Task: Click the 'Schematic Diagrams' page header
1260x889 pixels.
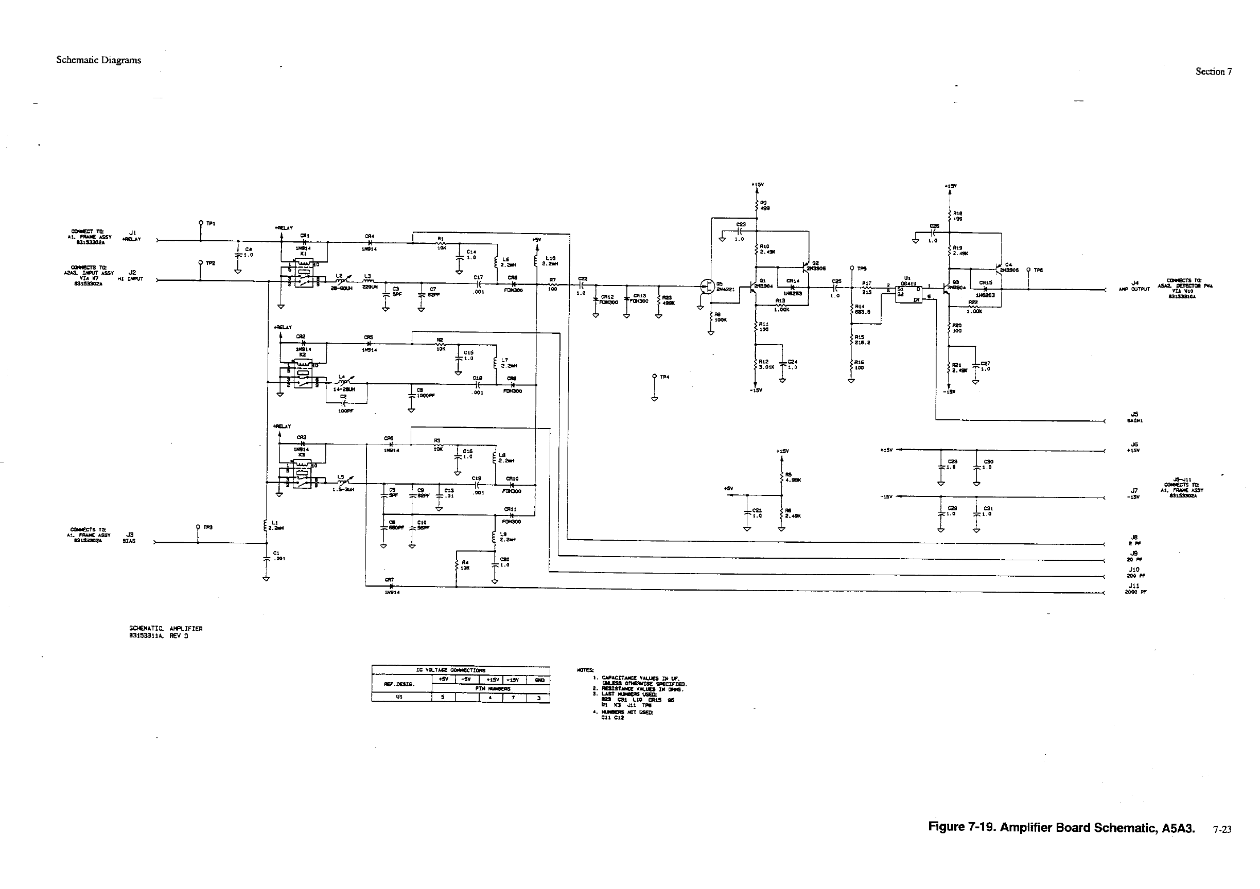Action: point(98,60)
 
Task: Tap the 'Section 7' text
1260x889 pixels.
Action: point(1213,72)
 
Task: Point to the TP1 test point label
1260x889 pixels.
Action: point(211,224)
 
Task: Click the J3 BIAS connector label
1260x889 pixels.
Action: point(130,538)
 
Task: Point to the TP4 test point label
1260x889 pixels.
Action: point(664,377)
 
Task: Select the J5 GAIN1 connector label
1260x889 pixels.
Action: point(1134,417)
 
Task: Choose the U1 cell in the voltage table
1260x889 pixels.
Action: point(399,698)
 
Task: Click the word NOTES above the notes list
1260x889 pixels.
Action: point(585,670)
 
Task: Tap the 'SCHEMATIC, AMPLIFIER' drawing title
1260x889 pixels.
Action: point(166,629)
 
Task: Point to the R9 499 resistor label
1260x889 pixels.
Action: point(764,205)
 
